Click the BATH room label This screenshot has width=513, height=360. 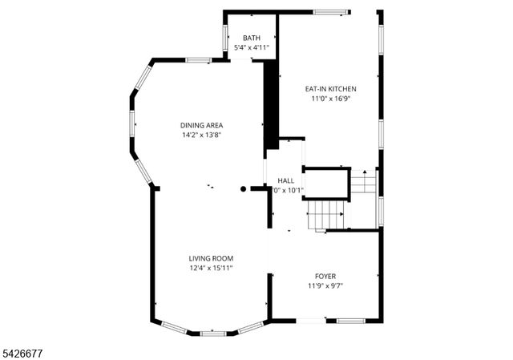(x=252, y=38)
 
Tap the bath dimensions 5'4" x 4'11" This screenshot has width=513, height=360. (x=252, y=48)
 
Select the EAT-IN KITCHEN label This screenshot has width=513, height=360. (x=330, y=89)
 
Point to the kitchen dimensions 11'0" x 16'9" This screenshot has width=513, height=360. (x=330, y=99)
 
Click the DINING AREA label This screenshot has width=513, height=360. (x=201, y=125)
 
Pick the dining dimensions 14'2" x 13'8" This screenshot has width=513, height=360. (x=201, y=136)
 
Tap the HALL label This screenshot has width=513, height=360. (x=286, y=180)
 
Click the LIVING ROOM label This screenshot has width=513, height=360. (x=211, y=258)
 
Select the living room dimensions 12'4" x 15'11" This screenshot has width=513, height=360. (x=211, y=269)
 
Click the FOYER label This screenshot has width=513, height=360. (x=325, y=276)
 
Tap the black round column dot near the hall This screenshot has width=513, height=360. (x=244, y=190)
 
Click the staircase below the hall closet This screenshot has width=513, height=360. (x=326, y=215)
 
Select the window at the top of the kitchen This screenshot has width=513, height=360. (x=330, y=12)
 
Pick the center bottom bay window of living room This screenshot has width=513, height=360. (x=212, y=332)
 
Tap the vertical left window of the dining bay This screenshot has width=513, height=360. (x=132, y=123)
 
